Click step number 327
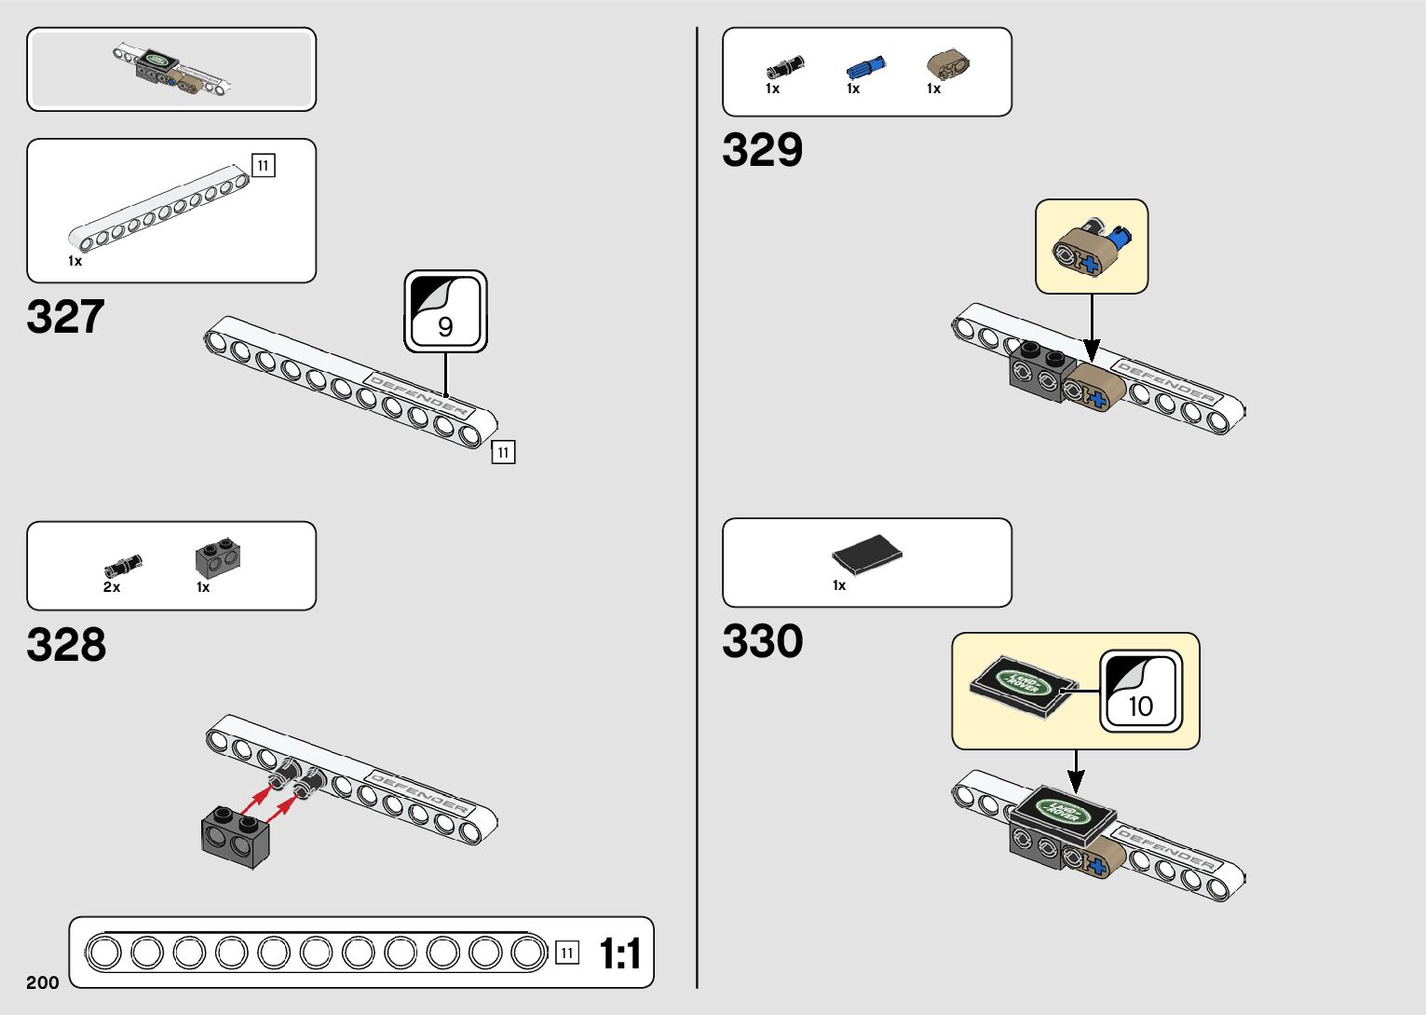point(65,317)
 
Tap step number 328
point(66,645)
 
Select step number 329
point(762,150)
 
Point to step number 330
point(762,641)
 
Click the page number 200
point(43,982)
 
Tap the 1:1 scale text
point(619,954)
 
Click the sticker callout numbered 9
point(445,311)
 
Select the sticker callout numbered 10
point(1140,691)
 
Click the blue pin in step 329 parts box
point(865,67)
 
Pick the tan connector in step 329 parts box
point(947,64)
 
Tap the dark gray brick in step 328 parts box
point(218,556)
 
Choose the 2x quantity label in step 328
point(112,587)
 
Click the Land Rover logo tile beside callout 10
point(1022,687)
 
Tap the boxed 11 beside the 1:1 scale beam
point(566,953)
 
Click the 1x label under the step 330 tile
point(839,585)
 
